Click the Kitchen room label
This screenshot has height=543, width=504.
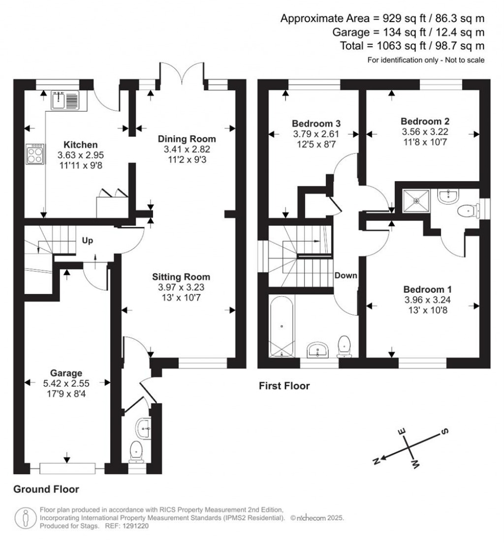pos(80,145)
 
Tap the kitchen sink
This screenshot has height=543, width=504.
pos(65,100)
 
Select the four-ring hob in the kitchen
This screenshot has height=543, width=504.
pos(35,154)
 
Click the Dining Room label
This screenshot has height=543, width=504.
pos(187,139)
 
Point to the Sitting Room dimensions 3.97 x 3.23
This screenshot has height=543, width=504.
pos(181,287)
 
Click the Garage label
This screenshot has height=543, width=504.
pos(66,373)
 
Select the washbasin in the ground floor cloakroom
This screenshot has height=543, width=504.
pos(144,428)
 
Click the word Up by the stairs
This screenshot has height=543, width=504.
pos(87,241)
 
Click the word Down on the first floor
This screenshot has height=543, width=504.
pos(346,275)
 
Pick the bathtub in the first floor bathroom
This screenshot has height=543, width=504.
pos(282,326)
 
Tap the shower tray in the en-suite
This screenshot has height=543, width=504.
pos(416,200)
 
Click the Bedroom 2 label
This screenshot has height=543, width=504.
pos(425,121)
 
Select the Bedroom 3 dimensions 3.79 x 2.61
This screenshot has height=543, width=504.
pos(316,134)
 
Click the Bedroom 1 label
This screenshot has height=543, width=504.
pos(427,290)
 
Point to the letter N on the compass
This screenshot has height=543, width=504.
pos(376,460)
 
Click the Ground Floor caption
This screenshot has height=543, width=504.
pos(46,489)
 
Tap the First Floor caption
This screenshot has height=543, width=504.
pos(284,386)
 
